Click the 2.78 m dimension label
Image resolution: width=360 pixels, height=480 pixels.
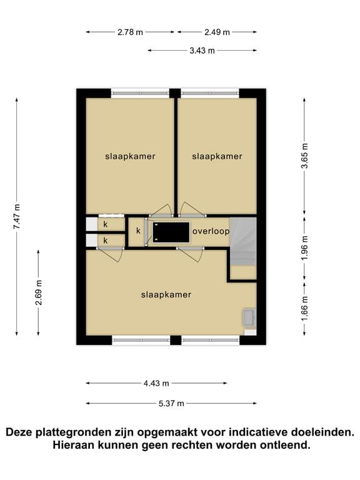[x=130, y=32]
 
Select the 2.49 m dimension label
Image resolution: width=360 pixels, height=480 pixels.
[x=217, y=32]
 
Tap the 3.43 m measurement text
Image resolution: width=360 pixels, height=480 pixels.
[x=202, y=51]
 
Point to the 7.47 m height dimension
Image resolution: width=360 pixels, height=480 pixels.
[x=16, y=216]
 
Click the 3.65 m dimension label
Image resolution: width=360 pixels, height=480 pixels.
[x=304, y=156]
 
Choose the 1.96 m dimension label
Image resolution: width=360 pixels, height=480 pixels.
[x=304, y=248]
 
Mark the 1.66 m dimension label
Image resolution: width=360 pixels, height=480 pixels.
[x=304, y=309]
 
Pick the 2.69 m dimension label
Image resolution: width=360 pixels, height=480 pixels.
[x=38, y=292]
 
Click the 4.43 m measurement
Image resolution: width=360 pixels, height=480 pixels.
[x=156, y=383]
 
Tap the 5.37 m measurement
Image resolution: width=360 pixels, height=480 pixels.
[x=171, y=404]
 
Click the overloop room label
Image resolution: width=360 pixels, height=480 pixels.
[x=211, y=231]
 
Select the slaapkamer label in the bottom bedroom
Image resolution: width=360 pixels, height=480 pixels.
[x=166, y=295]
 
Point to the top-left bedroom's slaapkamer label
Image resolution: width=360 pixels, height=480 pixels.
[x=130, y=156]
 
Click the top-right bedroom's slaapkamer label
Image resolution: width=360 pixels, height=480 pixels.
[x=217, y=156]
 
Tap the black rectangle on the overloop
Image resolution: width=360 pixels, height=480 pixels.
[x=171, y=232]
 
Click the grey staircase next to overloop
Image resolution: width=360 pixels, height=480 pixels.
[x=243, y=241]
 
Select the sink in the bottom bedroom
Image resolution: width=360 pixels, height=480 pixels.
[x=249, y=317]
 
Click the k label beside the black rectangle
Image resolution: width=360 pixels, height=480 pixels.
[x=138, y=231]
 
